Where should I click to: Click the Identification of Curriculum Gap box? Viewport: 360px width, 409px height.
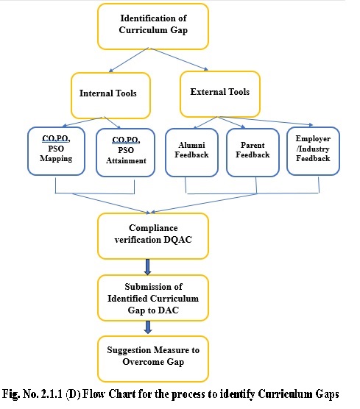pyautogui.click(x=153, y=26)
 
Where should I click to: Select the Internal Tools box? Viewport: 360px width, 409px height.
pyautogui.click(x=110, y=96)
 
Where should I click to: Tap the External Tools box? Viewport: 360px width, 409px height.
pyautogui.click(x=220, y=94)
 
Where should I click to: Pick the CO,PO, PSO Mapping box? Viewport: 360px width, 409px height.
pyautogui.click(x=56, y=151)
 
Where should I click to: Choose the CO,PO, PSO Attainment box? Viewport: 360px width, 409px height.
pyautogui.click(x=126, y=152)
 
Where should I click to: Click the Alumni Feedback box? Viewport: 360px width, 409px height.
pyautogui.click(x=191, y=152)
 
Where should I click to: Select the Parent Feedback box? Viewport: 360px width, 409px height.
pyautogui.click(x=253, y=152)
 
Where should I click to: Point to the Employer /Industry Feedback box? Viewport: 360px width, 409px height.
pyautogui.click(x=313, y=151)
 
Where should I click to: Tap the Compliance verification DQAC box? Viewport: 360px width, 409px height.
pyautogui.click(x=153, y=236)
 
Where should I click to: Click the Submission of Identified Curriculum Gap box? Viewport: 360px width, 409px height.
pyautogui.click(x=153, y=298)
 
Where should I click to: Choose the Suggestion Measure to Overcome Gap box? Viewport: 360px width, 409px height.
pyautogui.click(x=153, y=359)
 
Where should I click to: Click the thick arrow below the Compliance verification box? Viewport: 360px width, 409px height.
pyautogui.click(x=147, y=267)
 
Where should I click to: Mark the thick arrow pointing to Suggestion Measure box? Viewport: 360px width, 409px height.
pyautogui.click(x=148, y=327)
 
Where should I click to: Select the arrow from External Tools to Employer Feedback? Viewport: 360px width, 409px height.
pyautogui.click(x=267, y=121)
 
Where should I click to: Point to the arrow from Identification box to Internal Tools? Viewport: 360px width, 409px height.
pyautogui.click(x=129, y=60)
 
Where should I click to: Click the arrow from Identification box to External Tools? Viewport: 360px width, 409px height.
pyautogui.click(x=180, y=59)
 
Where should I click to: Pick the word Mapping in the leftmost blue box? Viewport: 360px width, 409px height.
pyautogui.click(x=56, y=159)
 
